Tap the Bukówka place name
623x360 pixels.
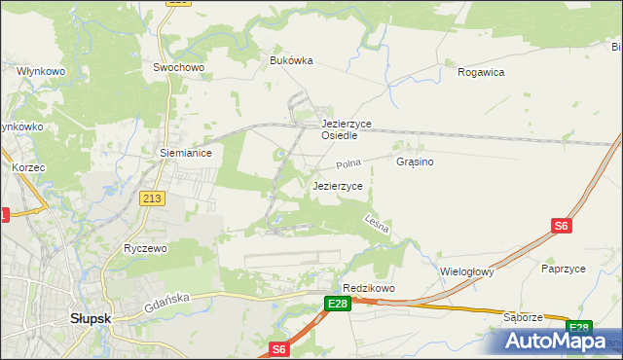pyautogui.click(x=291, y=60)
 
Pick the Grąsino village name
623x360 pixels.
pyautogui.click(x=415, y=162)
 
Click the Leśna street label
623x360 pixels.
pyautogui.click(x=378, y=224)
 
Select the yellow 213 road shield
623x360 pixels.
pyautogui.click(x=153, y=198)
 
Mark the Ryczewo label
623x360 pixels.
pyautogui.click(x=146, y=248)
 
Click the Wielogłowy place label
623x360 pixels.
pyautogui.click(x=467, y=272)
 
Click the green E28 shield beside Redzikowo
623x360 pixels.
pyautogui.click(x=337, y=305)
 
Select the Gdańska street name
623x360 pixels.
pyautogui.click(x=164, y=302)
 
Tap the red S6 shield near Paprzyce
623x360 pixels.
pyautogui.click(x=561, y=226)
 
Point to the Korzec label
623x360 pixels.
pyautogui.click(x=28, y=167)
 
